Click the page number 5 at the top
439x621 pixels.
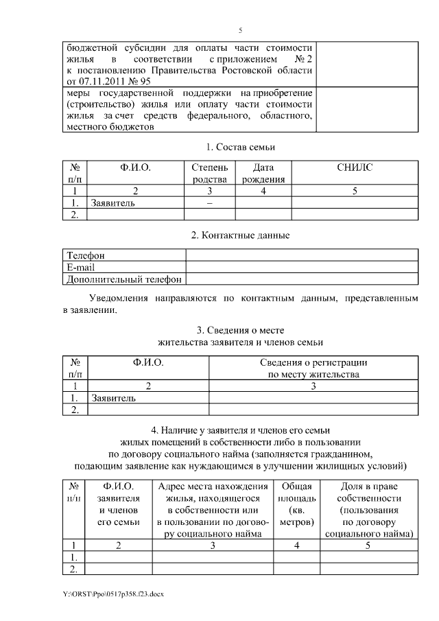(240, 31)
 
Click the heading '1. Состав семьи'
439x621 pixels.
(240, 147)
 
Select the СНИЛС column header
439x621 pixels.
(355, 167)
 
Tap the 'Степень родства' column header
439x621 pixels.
(210, 173)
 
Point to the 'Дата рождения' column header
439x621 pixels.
(263, 173)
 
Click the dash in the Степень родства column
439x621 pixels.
(210, 203)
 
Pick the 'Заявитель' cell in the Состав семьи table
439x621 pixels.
(113, 203)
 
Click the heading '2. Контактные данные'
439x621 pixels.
(240, 235)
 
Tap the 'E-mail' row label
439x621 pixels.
(81, 267)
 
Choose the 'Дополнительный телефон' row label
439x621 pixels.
(123, 279)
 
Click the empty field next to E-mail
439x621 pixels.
(302, 267)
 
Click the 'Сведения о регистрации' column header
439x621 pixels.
(313, 368)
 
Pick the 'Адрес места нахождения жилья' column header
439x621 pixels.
(212, 509)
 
